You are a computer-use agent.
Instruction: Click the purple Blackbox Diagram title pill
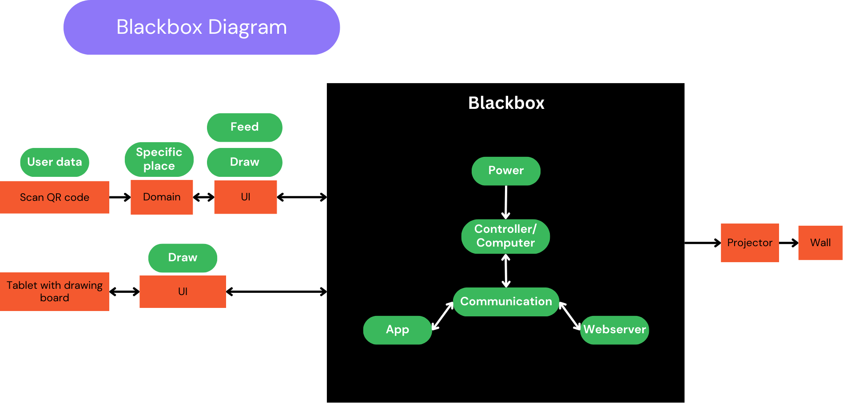tap(202, 27)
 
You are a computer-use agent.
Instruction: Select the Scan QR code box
tap(55, 197)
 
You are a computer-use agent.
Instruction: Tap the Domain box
tap(162, 197)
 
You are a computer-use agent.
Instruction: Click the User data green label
tap(55, 162)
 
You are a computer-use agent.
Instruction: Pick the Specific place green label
tap(159, 159)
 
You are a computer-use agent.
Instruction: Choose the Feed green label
tap(245, 127)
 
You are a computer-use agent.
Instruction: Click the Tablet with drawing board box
tap(55, 291)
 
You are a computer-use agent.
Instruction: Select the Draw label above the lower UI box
tap(183, 258)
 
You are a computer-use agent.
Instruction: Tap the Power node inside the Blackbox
tap(506, 171)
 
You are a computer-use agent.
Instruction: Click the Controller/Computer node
tap(505, 236)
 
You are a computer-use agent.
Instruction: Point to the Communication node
tap(506, 302)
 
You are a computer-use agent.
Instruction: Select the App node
tap(398, 330)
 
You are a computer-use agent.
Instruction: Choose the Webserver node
tap(615, 330)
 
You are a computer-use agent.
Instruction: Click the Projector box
tap(750, 243)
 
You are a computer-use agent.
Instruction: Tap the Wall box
tap(820, 243)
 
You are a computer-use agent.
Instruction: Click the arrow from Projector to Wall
tap(789, 243)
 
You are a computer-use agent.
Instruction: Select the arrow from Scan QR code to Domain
tap(120, 197)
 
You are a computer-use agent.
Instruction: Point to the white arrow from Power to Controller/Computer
tap(506, 202)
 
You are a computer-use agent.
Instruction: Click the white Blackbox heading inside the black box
tap(506, 103)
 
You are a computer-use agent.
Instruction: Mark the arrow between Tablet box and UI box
tap(124, 291)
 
